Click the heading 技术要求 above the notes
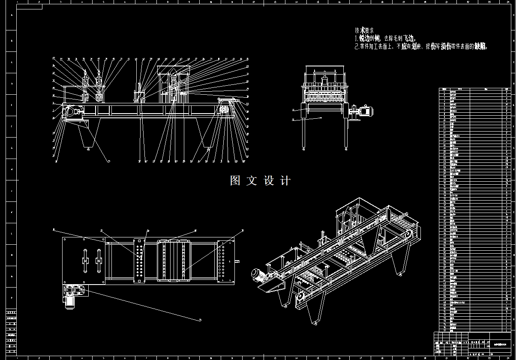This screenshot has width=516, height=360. tap(364, 30)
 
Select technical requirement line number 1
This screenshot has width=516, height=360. tap(385, 39)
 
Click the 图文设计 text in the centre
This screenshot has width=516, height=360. tap(260, 181)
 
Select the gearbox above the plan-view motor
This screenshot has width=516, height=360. tap(74, 290)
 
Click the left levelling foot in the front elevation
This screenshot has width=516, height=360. tap(88, 148)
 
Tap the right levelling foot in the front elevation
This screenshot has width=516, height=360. tap(209, 149)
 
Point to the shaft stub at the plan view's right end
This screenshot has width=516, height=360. tap(237, 261)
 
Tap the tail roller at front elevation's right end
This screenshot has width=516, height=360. tap(223, 110)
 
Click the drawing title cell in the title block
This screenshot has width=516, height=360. tap(499, 344)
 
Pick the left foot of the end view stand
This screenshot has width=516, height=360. tap(304, 148)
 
